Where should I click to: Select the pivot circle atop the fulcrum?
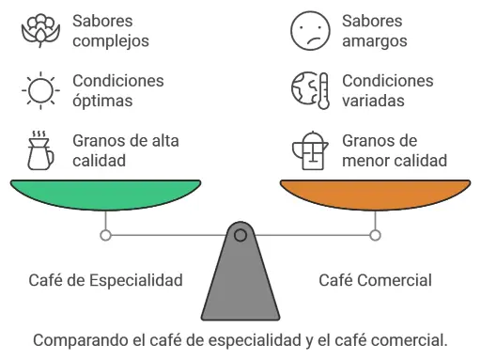pyautogui.click(x=240, y=234)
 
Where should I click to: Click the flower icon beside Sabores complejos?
pyautogui.click(x=39, y=31)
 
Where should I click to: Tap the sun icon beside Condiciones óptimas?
pyautogui.click(x=39, y=91)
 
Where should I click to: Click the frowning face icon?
pyautogui.click(x=309, y=31)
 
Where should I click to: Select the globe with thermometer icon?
pyautogui.click(x=309, y=91)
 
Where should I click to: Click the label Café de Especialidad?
pyautogui.click(x=106, y=280)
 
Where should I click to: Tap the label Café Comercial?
pyautogui.click(x=375, y=280)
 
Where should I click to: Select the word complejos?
pyautogui.click(x=111, y=41)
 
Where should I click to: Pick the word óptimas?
pyautogui.click(x=102, y=101)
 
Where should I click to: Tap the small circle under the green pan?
pyautogui.click(x=106, y=234)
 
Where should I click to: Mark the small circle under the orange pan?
pyautogui.click(x=376, y=234)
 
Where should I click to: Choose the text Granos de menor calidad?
pyautogui.click(x=394, y=150)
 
